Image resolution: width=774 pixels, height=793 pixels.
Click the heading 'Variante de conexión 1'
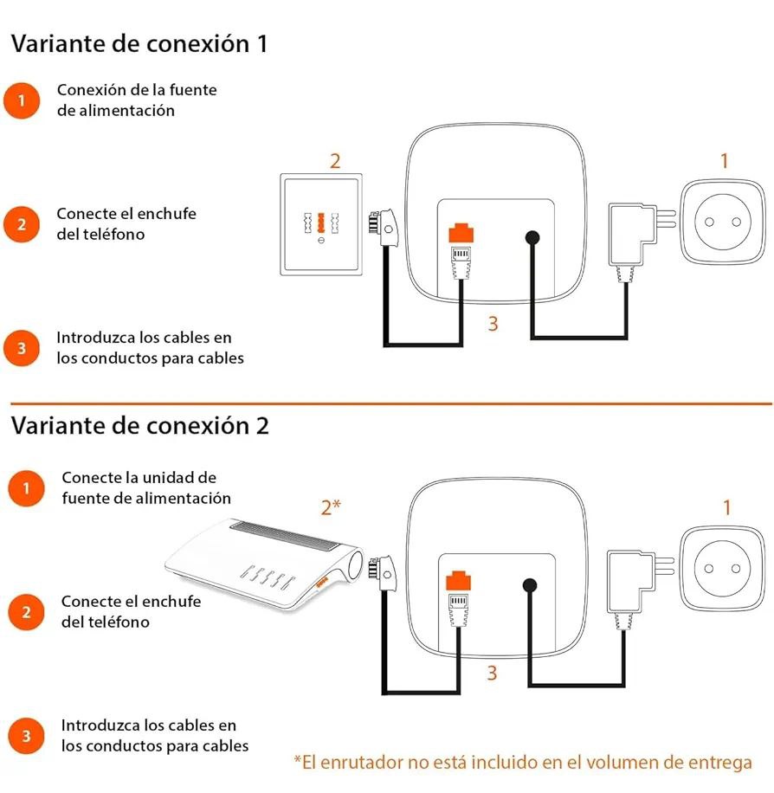tap(139, 45)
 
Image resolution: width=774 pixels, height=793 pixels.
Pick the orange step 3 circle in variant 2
tap(26, 736)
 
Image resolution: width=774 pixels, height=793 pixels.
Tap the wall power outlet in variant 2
tap(725, 569)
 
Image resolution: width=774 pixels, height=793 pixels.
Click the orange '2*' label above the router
tap(331, 507)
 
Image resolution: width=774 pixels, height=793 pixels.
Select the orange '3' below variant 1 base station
tap(493, 324)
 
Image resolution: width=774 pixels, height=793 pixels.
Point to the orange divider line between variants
tap(390, 403)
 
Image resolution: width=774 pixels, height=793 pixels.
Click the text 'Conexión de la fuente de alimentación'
tap(137, 100)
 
